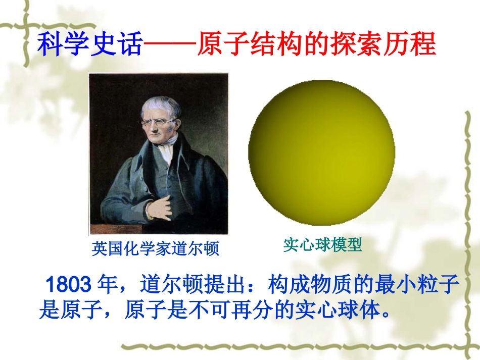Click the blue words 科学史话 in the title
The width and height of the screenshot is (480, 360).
(91, 44)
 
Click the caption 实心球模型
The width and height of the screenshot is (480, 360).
(322, 245)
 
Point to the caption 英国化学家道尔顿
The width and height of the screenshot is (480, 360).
(157, 248)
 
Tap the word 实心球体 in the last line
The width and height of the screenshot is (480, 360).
(336, 310)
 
